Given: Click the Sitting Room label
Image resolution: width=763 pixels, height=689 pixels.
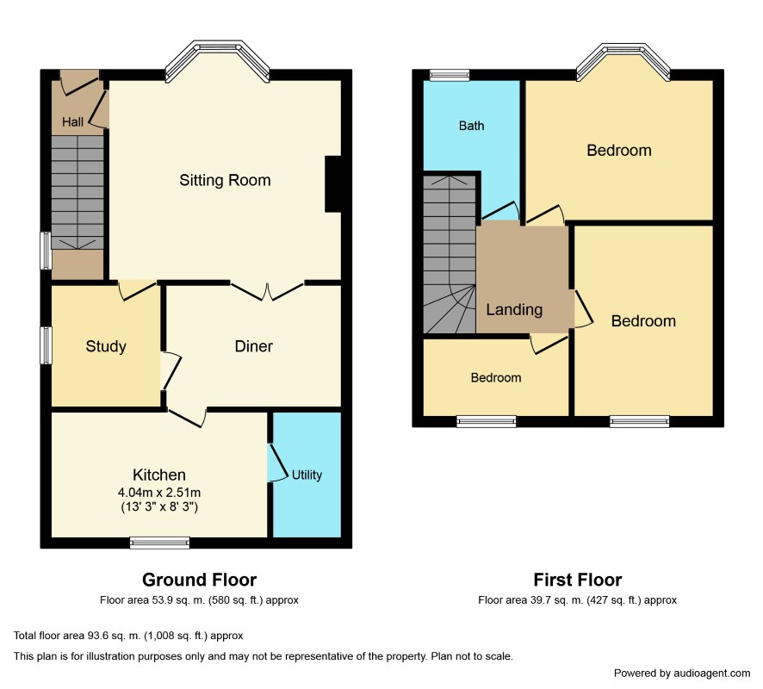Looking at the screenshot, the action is coord(225,181).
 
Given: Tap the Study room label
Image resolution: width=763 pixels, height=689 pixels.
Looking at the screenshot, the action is coord(106,346).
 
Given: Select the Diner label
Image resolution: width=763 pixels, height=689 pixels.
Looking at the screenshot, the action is coord(253,346).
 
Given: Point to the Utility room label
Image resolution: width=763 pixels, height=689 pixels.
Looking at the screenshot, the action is coord(307,475).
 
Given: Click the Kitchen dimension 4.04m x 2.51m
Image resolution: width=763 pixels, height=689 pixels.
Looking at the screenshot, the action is coord(159,493).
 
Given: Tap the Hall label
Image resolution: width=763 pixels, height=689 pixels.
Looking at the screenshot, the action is coord(72,121).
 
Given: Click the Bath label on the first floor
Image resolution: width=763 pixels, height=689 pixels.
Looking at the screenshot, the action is coord(472,126).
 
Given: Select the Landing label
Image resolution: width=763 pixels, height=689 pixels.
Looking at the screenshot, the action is coord(514,309).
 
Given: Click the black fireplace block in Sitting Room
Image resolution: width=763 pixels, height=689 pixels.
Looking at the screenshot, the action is coord(332,184).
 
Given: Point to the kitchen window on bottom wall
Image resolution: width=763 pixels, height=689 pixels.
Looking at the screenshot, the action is coord(159,543).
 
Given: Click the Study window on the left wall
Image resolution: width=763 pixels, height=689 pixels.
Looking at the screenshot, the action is coord(46,345).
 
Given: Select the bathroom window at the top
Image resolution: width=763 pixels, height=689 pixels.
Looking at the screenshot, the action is coord(450,74).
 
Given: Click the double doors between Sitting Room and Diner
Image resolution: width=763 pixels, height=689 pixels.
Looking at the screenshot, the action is coord(267,291).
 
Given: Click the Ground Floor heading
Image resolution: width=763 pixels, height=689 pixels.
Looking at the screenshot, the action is coord(199,580).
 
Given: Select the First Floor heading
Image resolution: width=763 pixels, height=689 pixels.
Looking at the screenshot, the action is coord(578,580).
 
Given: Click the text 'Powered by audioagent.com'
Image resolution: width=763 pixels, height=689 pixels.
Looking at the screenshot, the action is coord(682,673).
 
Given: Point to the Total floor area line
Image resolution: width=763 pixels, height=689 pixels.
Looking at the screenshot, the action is coord(128,636).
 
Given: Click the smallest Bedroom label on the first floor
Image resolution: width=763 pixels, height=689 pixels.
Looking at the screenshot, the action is coord(496,378).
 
